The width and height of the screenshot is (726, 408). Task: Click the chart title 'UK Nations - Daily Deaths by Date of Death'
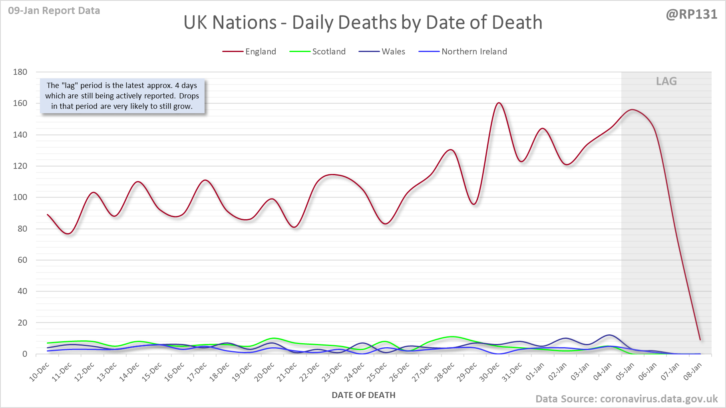click(363, 22)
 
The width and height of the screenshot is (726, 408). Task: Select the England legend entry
click(249, 52)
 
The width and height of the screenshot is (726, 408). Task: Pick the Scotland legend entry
click(317, 52)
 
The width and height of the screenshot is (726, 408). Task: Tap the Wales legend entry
click(382, 52)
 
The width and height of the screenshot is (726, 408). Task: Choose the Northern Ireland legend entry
click(463, 52)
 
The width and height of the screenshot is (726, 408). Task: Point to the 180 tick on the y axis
click(20, 72)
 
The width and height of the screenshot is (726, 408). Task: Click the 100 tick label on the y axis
click(20, 197)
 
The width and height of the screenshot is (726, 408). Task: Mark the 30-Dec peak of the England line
click(499, 103)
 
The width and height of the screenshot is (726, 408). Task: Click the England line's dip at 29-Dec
click(474, 204)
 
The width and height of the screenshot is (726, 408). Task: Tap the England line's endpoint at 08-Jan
click(700, 340)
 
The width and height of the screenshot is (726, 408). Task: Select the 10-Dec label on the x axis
click(40, 372)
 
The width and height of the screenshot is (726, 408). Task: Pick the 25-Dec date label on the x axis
click(377, 372)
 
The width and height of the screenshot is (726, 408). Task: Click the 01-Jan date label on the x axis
click(535, 372)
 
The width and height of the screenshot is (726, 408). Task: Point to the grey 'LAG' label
click(666, 81)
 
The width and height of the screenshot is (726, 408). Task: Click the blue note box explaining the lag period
click(122, 96)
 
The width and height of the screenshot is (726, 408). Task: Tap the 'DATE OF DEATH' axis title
click(363, 395)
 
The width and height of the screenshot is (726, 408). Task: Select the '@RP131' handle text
click(691, 14)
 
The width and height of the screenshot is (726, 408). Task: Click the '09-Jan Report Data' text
click(54, 11)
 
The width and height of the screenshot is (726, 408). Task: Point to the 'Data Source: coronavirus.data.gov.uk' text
click(626, 399)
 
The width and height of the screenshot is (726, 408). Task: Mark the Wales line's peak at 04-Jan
click(609, 335)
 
